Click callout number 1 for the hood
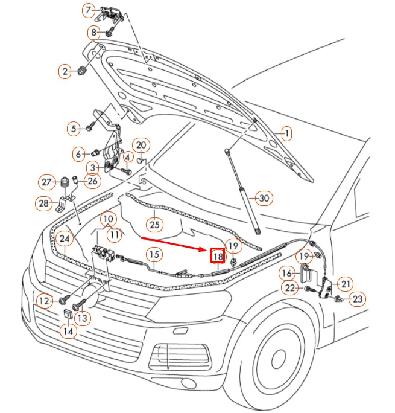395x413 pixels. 286,133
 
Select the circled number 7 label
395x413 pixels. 89,10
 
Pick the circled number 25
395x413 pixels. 155,225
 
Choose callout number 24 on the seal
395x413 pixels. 65,240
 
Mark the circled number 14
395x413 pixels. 68,331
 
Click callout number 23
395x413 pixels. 358,298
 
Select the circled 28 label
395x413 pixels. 44,204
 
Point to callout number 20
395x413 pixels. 141,145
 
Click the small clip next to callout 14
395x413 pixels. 68,315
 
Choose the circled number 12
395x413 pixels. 43,300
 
